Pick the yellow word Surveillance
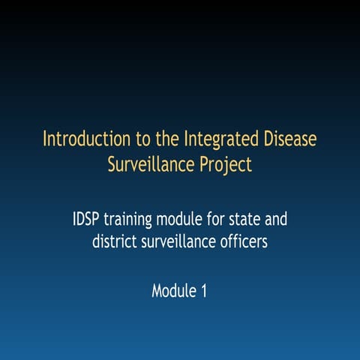tap(152, 164)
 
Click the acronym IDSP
tap(87, 220)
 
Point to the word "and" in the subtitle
tap(277, 220)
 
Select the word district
tap(114, 242)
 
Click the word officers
tap(244, 242)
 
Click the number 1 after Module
tap(203, 290)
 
